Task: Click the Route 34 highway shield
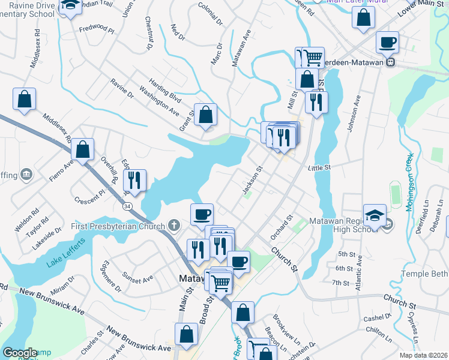coord(127,206)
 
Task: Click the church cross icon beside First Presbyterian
coord(174,226)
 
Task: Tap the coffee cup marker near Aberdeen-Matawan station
coord(387,43)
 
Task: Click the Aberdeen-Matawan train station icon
coord(390,61)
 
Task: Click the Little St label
coord(320,169)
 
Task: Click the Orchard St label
coord(280,227)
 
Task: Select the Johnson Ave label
coord(354,112)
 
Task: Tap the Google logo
coord(20,353)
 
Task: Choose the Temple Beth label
coord(424,272)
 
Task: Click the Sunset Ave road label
coord(138,278)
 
